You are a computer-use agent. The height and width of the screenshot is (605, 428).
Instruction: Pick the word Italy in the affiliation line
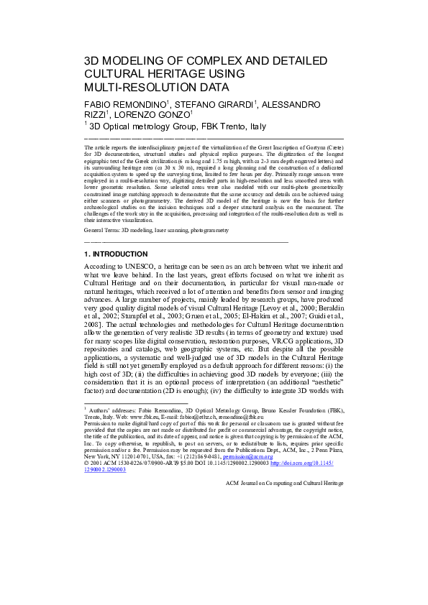tap(253, 127)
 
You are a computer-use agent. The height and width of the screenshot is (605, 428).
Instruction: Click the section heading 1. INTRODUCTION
tap(116, 254)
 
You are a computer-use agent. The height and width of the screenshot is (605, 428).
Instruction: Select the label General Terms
tap(101, 231)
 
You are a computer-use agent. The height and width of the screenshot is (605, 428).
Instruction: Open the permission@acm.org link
tap(252, 456)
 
